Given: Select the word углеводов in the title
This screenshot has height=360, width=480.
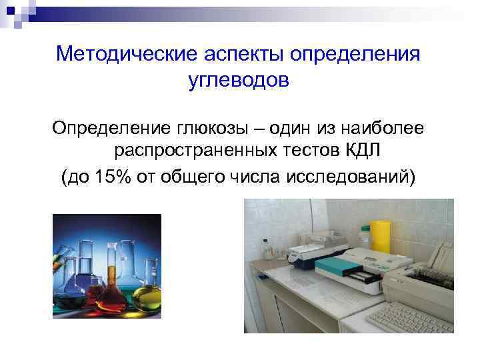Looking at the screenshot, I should click(239, 81).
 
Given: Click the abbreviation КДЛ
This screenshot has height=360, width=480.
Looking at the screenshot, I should click(363, 152).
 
